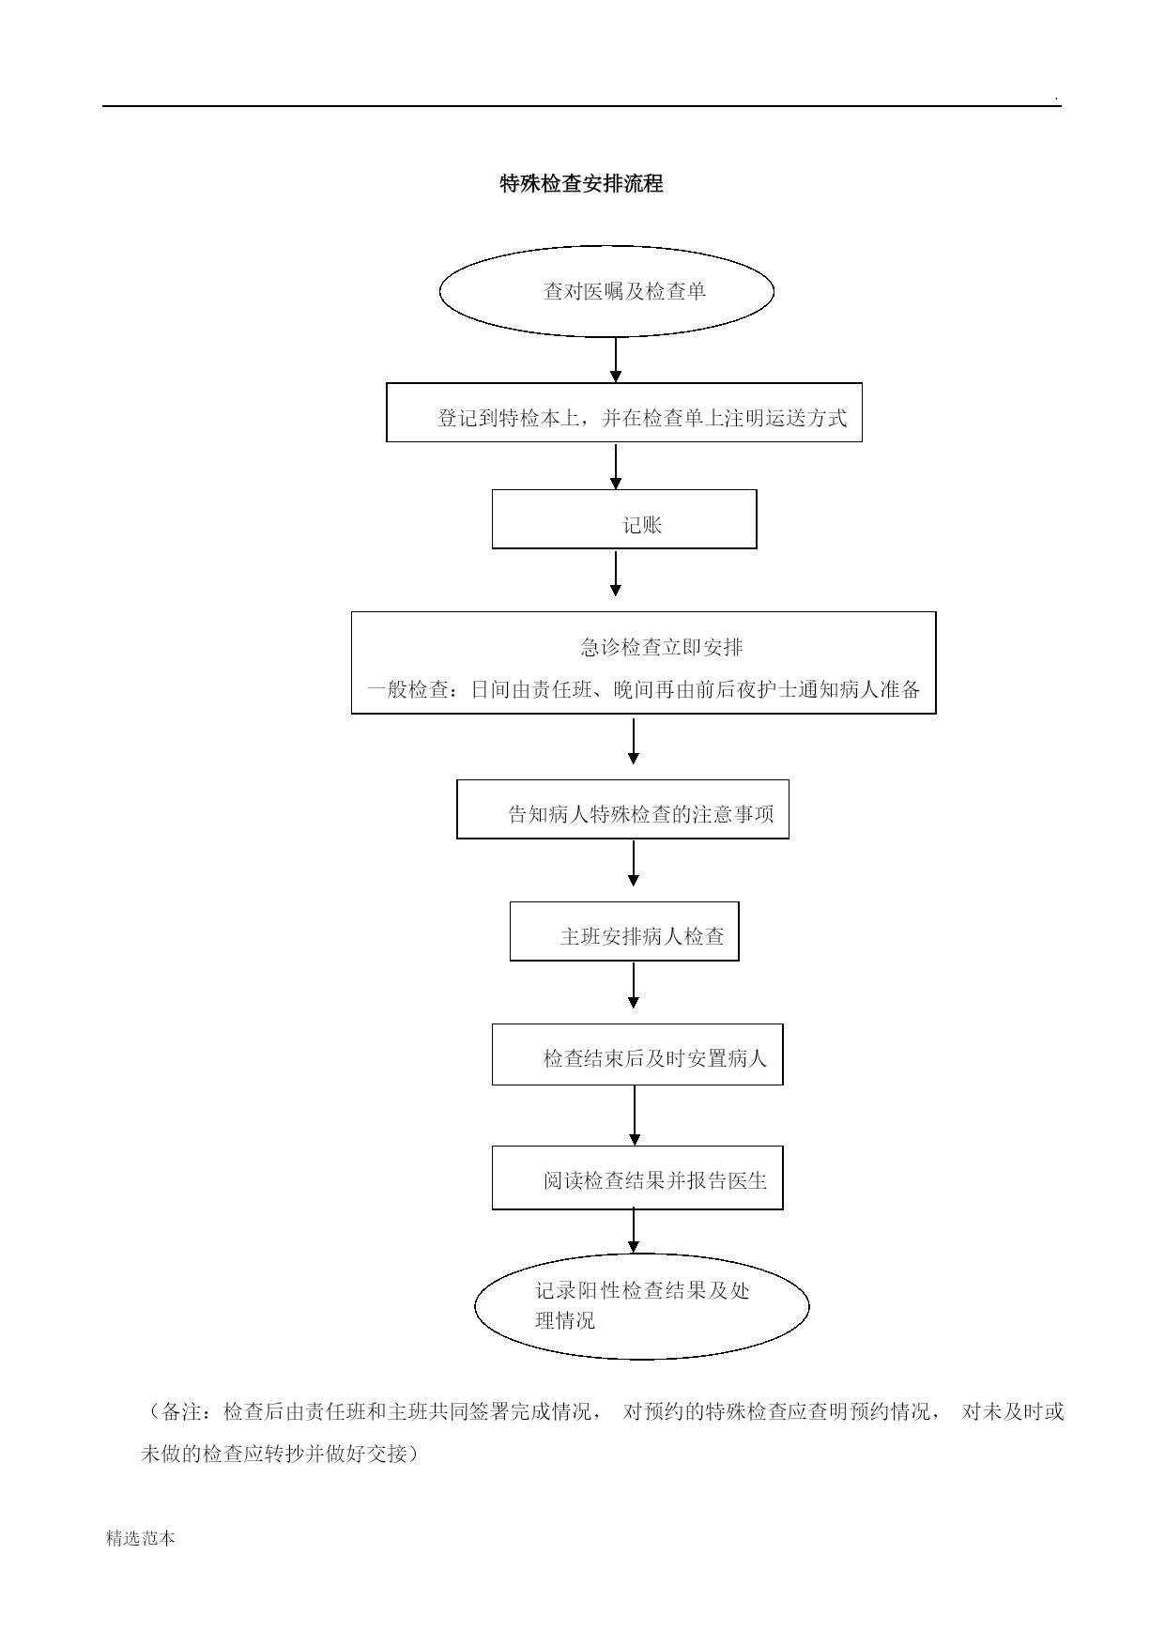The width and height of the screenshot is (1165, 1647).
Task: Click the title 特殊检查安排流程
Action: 581,184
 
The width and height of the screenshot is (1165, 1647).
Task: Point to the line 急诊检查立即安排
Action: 662,647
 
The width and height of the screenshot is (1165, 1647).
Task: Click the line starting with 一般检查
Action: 643,690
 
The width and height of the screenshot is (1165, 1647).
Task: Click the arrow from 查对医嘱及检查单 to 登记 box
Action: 616,360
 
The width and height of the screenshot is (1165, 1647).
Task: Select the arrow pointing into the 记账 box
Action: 616,467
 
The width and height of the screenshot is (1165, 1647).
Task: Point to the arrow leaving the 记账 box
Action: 616,574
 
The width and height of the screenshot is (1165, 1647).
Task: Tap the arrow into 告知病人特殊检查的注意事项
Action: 634,742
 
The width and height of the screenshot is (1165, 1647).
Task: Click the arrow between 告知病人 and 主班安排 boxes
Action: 634,864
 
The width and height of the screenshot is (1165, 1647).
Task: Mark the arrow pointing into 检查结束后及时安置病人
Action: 634,986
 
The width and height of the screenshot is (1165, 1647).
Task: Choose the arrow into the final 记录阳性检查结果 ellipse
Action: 635,1232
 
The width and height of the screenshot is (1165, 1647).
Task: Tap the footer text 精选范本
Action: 141,1538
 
